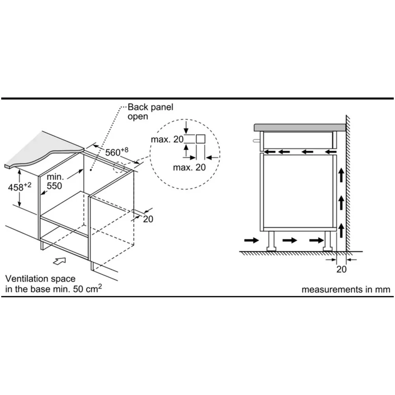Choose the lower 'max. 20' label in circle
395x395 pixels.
pos(189,167)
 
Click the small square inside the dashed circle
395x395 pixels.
pos(200,139)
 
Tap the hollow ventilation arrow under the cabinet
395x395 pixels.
pos(60,260)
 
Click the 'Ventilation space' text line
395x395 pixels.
pos(41,279)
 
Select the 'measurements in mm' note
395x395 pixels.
pos(346,290)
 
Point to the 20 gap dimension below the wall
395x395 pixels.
pos(341,269)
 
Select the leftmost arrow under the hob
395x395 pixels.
pos(271,151)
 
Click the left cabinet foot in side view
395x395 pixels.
pos(272,241)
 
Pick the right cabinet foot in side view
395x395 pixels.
pos(328,241)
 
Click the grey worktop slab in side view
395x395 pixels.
pos(300,127)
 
